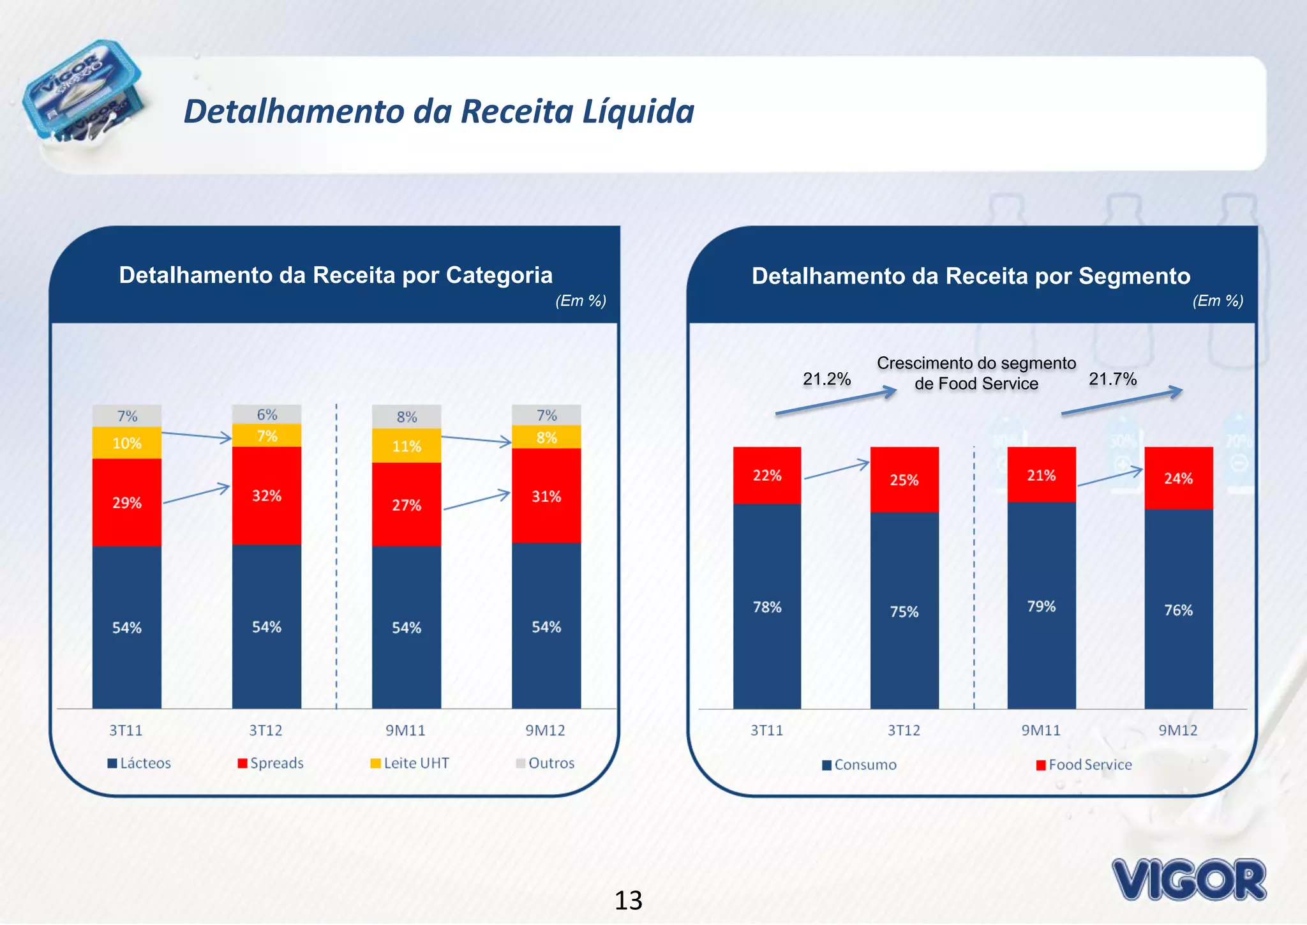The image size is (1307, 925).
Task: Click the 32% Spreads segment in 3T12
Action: (266, 495)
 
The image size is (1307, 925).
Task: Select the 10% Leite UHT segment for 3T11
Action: (126, 443)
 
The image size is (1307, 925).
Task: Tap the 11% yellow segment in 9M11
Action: (407, 446)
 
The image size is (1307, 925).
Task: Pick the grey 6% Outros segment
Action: (267, 414)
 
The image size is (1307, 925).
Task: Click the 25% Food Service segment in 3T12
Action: (904, 479)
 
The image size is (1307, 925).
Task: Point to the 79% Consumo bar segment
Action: (1041, 605)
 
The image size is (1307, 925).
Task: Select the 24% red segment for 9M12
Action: (1178, 478)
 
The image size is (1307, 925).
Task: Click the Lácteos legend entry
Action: (140, 763)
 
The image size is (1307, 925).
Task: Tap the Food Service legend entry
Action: (1084, 764)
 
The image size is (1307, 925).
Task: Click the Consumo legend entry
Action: (860, 764)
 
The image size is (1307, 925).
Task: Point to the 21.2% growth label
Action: (826, 379)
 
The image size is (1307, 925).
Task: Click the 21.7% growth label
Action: (1112, 379)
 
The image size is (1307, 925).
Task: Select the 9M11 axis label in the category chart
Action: (405, 730)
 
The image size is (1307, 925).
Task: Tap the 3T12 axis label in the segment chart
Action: (904, 730)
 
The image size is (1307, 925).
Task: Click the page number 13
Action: (628, 900)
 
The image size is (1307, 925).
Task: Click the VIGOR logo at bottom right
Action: (1188, 879)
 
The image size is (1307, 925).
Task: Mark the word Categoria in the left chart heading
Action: (499, 275)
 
